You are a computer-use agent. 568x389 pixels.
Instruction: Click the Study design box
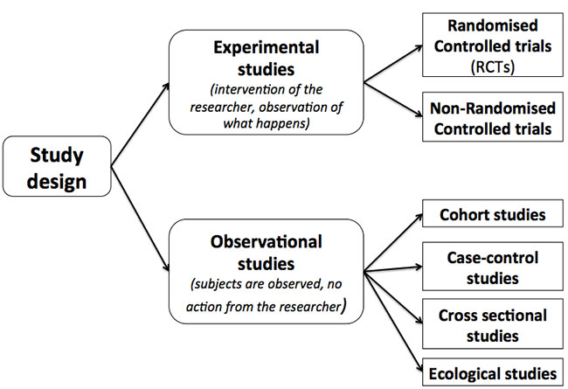click(x=57, y=166)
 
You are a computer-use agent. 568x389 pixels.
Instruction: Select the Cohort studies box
click(x=493, y=213)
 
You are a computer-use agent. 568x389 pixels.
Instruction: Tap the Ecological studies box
click(x=493, y=372)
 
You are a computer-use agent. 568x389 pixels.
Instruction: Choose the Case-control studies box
click(x=493, y=267)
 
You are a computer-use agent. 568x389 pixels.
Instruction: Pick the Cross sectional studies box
click(x=493, y=323)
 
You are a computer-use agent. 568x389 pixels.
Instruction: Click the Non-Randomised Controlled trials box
click(x=493, y=117)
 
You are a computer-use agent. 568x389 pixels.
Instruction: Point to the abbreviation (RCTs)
click(x=493, y=66)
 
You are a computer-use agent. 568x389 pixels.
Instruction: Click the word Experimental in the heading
click(x=267, y=48)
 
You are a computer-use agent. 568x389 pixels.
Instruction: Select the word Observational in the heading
click(x=267, y=242)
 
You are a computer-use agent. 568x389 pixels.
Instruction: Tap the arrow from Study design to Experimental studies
click(x=140, y=124)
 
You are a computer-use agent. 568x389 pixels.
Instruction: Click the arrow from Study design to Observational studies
click(x=140, y=219)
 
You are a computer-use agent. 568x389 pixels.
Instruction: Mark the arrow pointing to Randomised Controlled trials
click(x=393, y=64)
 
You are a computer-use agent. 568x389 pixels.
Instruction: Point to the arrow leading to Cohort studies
click(x=393, y=242)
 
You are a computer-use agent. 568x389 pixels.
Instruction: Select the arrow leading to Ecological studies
click(x=393, y=322)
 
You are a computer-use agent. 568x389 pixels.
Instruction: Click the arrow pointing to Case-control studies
click(x=393, y=268)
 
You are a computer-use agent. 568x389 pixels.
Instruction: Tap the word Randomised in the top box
click(x=493, y=25)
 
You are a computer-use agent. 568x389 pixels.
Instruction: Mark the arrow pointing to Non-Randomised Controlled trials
click(x=393, y=100)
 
